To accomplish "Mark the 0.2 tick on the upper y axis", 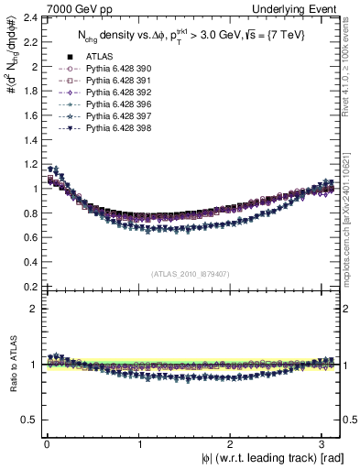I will click(29, 286).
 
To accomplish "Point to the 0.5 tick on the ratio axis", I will click(29, 420).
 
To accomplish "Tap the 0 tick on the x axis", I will click(46, 444).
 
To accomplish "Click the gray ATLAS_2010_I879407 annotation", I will click(190, 273).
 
